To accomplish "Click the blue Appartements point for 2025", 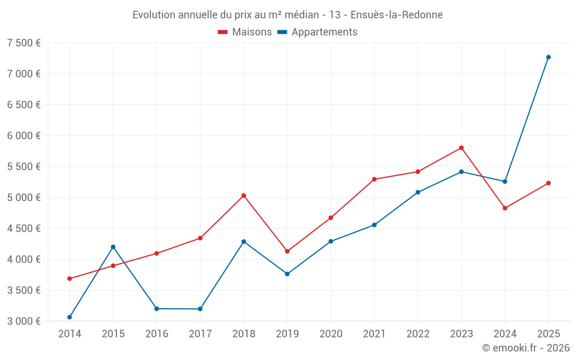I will click(548, 57).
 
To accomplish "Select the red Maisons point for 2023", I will click(461, 147).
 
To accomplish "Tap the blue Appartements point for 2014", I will click(70, 317).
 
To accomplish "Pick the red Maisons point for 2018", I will click(244, 195).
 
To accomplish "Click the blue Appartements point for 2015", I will click(113, 247).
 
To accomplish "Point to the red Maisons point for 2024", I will click(505, 208).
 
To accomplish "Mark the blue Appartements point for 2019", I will click(287, 274).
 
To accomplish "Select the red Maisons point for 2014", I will click(70, 278).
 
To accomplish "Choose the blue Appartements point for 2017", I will click(200, 309).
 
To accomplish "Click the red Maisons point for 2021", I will click(374, 179).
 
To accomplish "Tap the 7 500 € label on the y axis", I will click(24, 43).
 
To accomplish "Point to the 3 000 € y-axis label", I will click(24, 321).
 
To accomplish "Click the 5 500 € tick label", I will click(24, 166).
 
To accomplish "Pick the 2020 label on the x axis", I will click(331, 334).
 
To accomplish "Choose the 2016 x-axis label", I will click(157, 334).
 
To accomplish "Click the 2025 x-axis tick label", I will click(548, 334).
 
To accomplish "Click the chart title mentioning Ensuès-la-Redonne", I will click(287, 15).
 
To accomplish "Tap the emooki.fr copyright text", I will click(525, 348).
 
